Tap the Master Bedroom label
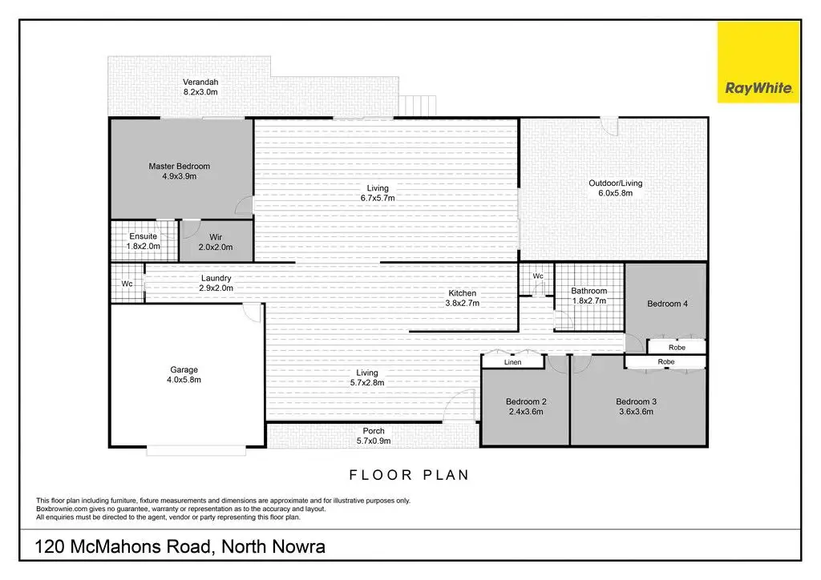(179, 167)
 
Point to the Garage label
(184, 370)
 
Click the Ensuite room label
(144, 236)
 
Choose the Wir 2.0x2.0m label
(215, 242)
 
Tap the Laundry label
(216, 279)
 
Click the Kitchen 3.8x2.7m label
(462, 298)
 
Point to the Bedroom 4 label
(667, 304)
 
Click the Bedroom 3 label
(635, 401)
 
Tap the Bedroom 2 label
(525, 401)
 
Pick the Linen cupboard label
(513, 363)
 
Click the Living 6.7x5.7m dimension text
(378, 198)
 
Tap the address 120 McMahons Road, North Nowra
(180, 548)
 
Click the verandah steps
(419, 106)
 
